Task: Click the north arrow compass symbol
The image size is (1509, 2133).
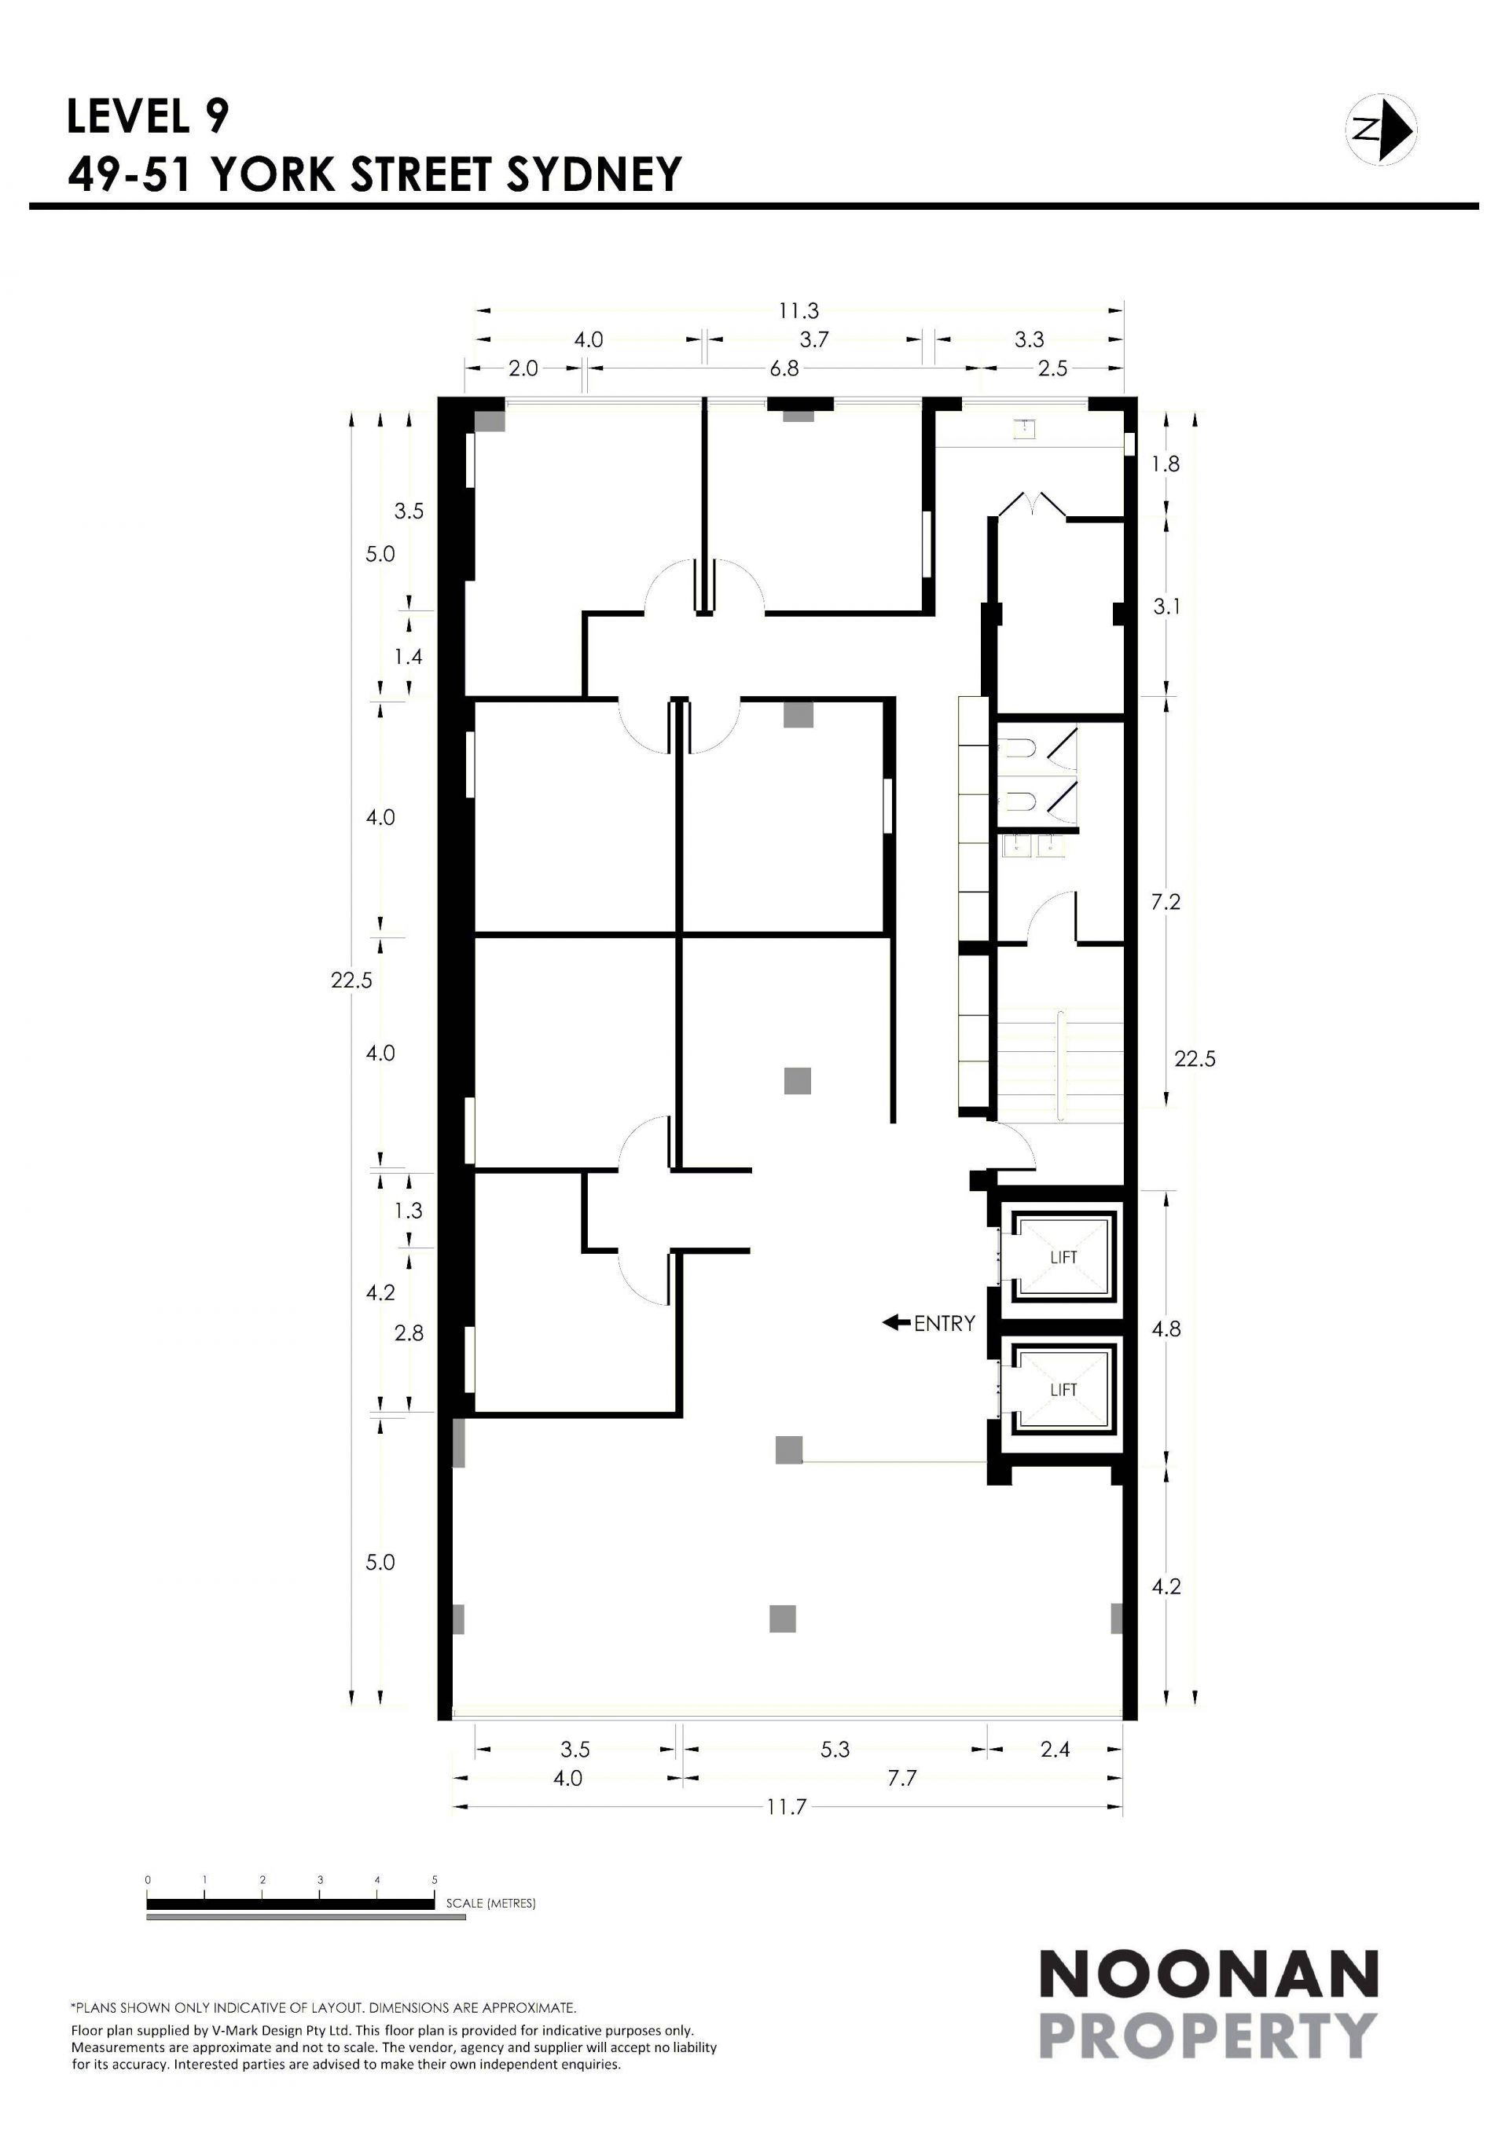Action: pos(1381,130)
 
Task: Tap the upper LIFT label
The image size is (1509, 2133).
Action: pos(1063,1257)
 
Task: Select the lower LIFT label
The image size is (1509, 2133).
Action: pos(1063,1390)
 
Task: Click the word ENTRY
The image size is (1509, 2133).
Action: pos(944,1323)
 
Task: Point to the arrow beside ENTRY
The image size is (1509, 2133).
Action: pos(896,1322)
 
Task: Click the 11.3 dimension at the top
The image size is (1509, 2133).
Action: pos(799,310)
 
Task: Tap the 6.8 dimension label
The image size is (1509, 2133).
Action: pos(784,368)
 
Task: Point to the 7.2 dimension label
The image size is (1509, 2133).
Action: pos(1166,901)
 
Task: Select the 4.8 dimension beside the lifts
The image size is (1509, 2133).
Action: pos(1166,1329)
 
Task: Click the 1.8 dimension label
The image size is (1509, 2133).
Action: pos(1166,464)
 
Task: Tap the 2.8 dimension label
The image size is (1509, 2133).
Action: pos(409,1333)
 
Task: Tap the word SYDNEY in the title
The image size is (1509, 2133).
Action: pos(595,174)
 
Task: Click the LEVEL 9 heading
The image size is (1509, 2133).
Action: pos(148,116)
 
